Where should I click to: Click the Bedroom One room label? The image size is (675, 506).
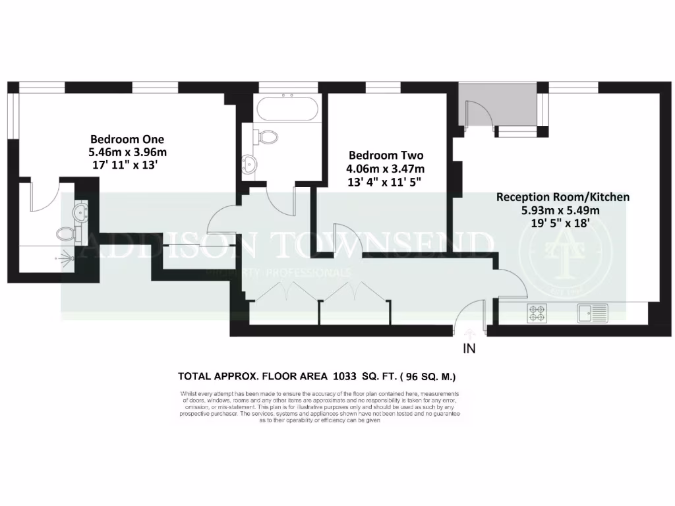[x=127, y=139]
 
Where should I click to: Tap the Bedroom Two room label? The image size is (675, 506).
[x=386, y=155]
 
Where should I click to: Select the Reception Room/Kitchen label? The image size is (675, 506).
[x=562, y=197]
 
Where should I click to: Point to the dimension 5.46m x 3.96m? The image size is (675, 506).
[x=127, y=152]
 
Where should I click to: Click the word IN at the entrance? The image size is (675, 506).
[x=469, y=349]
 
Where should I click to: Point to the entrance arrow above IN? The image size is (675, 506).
[x=469, y=334]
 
